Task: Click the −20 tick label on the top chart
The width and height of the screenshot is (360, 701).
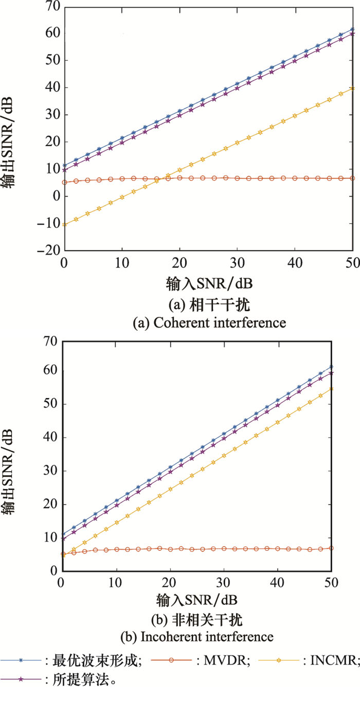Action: tap(49, 250)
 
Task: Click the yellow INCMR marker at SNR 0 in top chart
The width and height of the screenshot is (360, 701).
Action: tap(64, 224)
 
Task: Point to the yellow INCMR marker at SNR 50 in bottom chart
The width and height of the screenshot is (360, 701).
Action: tap(331, 389)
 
